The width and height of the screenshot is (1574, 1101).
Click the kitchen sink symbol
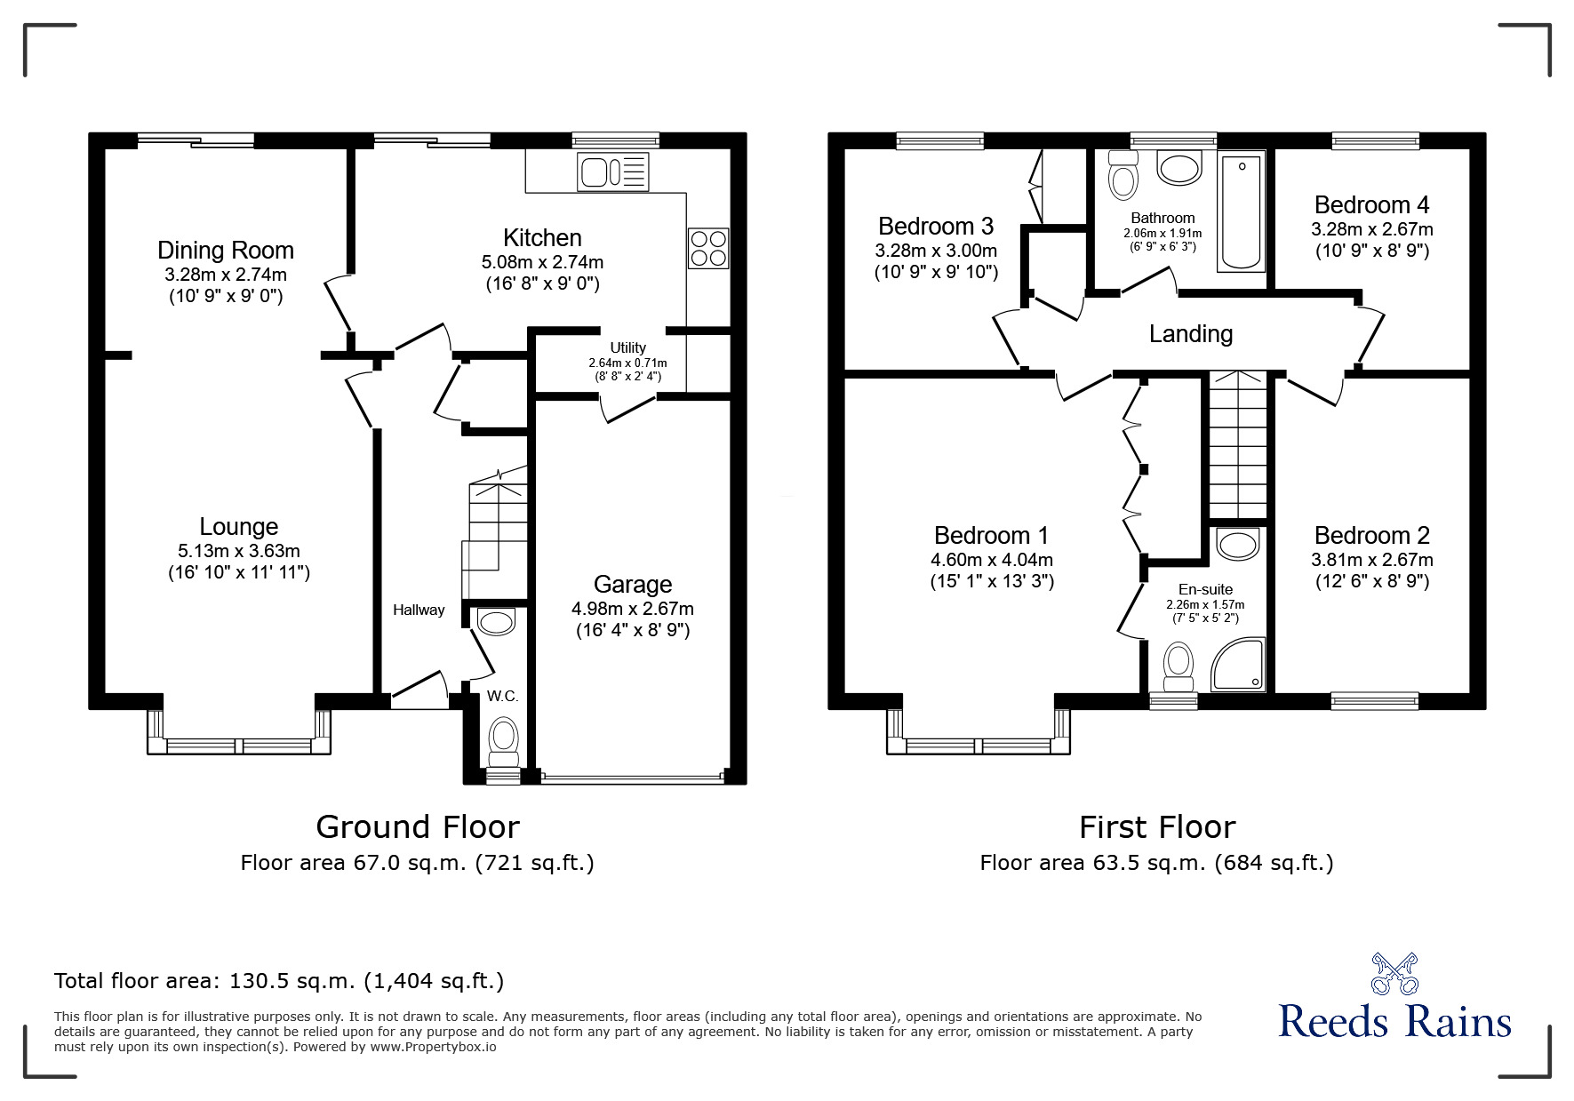613,172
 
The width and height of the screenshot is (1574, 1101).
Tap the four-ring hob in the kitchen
708,248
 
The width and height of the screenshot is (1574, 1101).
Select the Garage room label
633,585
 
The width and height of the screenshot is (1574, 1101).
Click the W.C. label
502,696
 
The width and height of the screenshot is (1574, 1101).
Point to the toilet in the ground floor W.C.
504,742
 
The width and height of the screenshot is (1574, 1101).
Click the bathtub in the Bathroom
1242,213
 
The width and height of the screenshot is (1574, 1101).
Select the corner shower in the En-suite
1238,664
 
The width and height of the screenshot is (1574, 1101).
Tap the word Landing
1190,334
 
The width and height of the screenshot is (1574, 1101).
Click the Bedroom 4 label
1371,205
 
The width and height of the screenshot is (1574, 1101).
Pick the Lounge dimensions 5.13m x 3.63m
238,551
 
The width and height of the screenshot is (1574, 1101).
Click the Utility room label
627,347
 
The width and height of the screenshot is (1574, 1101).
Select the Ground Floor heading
417,827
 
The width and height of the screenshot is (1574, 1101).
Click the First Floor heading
1156,827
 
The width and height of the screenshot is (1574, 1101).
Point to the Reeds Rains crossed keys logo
1394,973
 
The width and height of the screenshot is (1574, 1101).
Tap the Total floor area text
279,981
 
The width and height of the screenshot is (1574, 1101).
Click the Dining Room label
226,251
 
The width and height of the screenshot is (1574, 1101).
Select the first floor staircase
1237,444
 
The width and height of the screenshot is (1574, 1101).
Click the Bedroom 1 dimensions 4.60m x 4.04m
991,560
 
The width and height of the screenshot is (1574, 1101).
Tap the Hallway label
419,610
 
